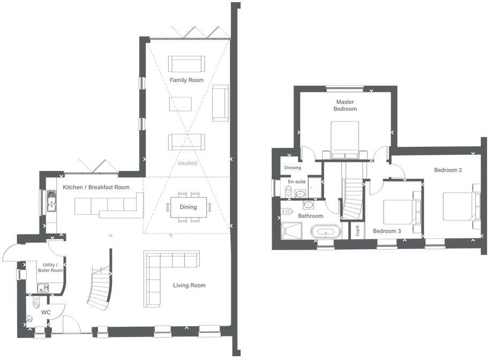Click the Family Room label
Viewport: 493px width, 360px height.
[x=186, y=80]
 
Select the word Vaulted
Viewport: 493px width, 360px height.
[x=188, y=163]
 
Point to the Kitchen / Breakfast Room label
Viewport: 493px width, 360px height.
[x=96, y=187]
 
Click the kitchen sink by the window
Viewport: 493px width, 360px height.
[x=51, y=202]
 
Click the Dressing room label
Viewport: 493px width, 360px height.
[x=293, y=168]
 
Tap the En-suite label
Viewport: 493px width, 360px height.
[x=296, y=182]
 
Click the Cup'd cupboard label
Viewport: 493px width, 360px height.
[x=357, y=231]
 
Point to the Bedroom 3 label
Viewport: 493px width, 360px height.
[x=387, y=231]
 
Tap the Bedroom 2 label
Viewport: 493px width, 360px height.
[x=448, y=170]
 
